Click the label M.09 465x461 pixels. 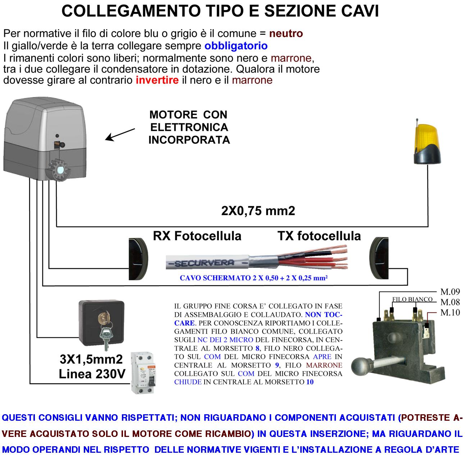(450, 292)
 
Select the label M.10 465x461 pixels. (450, 312)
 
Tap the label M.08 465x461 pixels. (450, 302)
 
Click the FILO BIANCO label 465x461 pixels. (412, 299)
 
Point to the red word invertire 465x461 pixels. (157, 80)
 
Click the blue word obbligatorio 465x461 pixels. (236, 46)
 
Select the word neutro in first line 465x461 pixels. (286, 34)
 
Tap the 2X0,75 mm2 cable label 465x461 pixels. (258, 211)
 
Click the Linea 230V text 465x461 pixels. (92, 374)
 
